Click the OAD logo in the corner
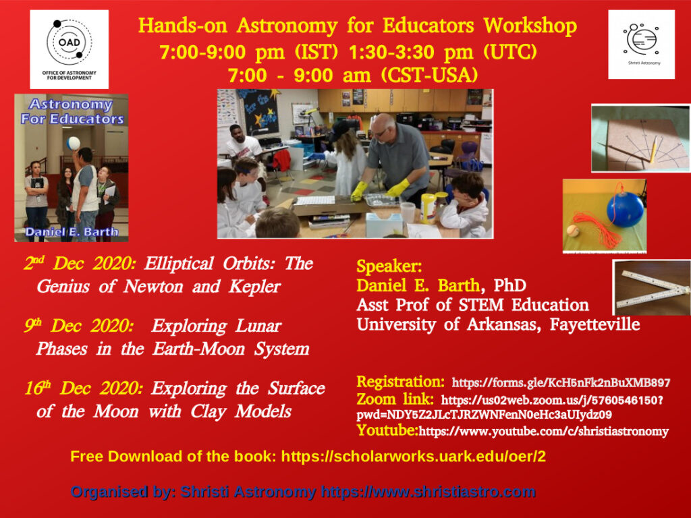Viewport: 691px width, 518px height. tap(70, 49)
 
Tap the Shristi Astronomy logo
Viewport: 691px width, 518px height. tap(641, 45)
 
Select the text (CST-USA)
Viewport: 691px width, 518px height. tap(429, 76)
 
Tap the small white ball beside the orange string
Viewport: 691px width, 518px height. tap(573, 231)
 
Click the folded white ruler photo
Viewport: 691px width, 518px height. tap(651, 287)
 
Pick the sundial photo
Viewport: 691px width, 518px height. tap(640, 138)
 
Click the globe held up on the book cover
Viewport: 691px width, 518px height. tap(73, 144)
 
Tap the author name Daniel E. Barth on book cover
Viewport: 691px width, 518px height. tap(72, 232)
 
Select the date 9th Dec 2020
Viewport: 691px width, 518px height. tap(78, 326)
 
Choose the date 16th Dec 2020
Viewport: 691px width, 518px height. tap(84, 388)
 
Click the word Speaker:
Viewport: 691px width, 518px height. tap(389, 266)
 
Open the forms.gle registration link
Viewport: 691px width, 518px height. tap(561, 382)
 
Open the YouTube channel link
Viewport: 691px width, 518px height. tap(543, 431)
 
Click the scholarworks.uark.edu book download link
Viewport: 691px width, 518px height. tap(414, 457)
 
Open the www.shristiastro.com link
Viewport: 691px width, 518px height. tap(428, 492)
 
